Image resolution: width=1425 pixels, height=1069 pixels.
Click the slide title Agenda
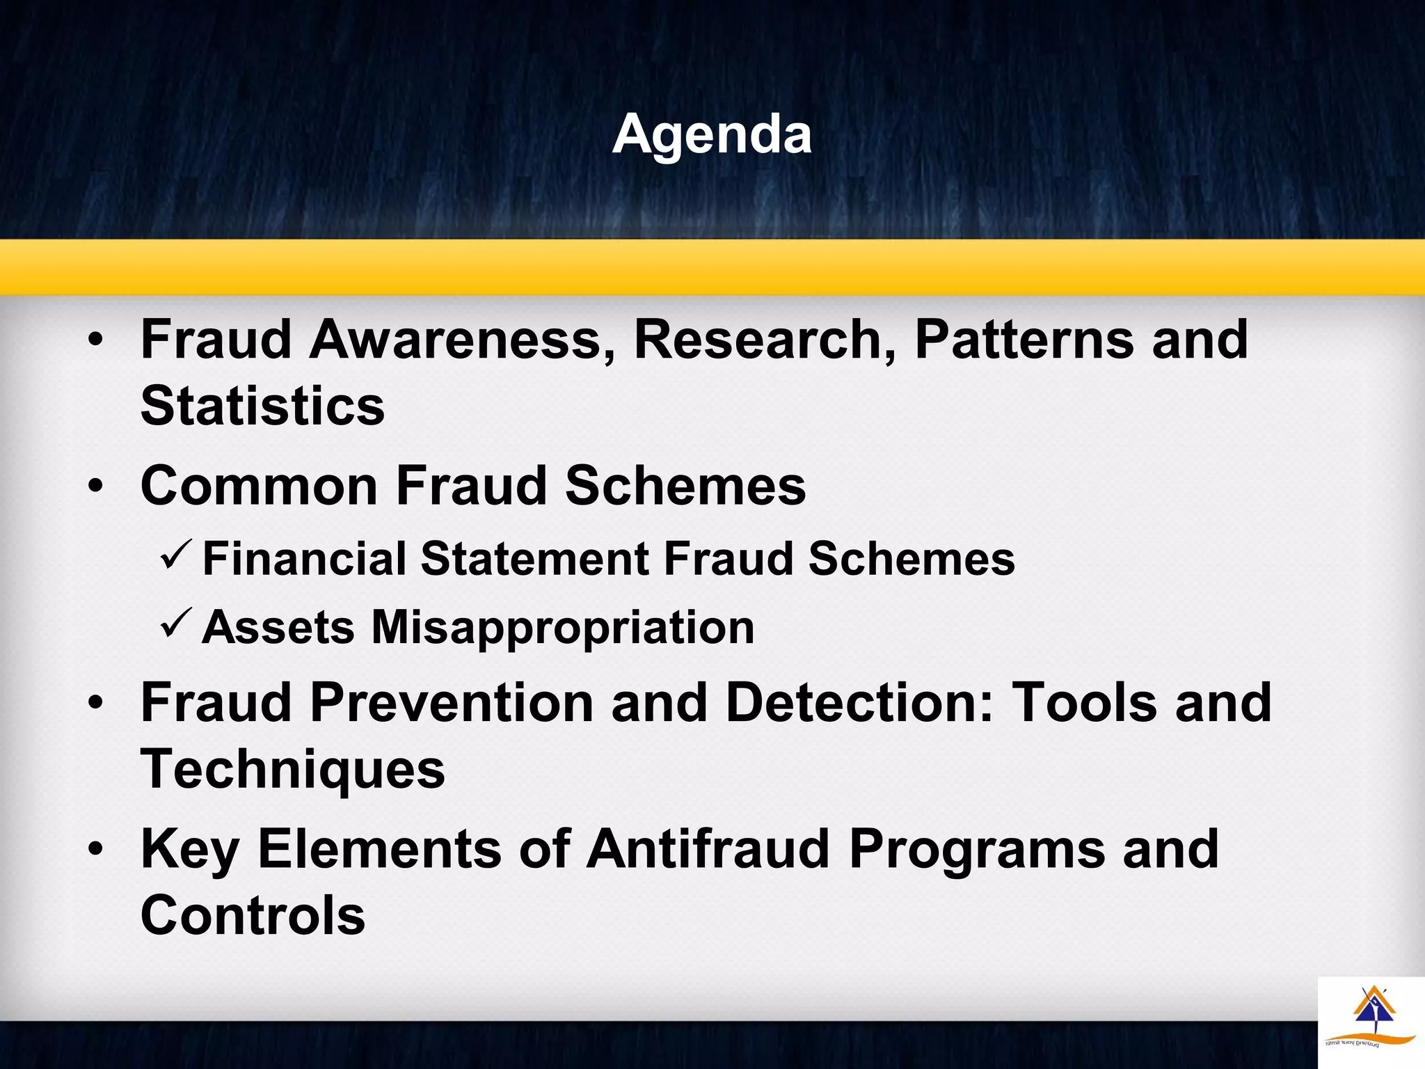712,134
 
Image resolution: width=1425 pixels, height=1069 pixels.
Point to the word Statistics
262,406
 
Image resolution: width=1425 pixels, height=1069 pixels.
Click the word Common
259,486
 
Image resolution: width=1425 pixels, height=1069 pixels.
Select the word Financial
304,559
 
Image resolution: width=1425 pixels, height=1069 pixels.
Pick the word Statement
535,559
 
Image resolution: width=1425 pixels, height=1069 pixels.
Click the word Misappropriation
562,628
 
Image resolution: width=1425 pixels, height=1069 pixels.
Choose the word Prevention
452,703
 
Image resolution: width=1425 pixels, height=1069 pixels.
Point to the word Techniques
293,770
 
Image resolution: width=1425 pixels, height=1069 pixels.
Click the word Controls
253,916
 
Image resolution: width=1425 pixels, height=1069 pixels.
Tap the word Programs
977,850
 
